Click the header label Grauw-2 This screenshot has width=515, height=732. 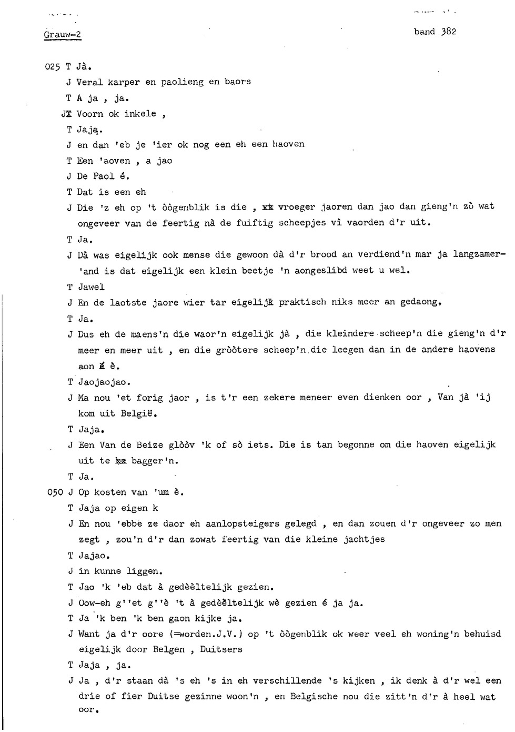(63, 35)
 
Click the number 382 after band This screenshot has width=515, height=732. (449, 32)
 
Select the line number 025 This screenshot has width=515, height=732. (53, 67)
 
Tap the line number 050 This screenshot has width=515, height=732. (55, 492)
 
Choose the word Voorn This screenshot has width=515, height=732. (90, 114)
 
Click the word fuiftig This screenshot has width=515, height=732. (255, 223)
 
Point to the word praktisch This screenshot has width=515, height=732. (302, 302)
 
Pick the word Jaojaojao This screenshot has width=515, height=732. (104, 382)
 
